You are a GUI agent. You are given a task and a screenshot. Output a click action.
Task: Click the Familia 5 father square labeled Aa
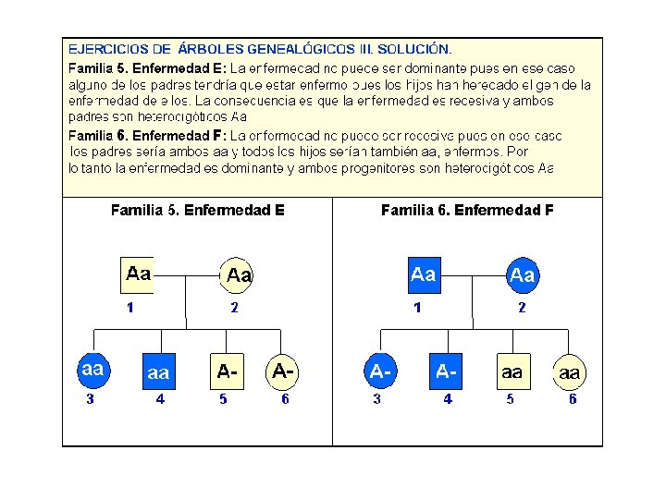pyautogui.click(x=138, y=274)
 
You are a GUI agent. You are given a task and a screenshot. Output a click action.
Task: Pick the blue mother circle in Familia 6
pyautogui.click(x=523, y=274)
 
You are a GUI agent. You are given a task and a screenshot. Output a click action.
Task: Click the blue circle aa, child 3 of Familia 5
pyautogui.click(x=92, y=370)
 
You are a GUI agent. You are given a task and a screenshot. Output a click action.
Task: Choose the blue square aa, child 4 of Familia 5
pyautogui.click(x=158, y=371)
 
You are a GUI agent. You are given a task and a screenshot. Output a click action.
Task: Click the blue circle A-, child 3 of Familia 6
pyautogui.click(x=380, y=371)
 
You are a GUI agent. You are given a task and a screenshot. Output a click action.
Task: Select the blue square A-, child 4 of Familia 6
pyautogui.click(x=447, y=371)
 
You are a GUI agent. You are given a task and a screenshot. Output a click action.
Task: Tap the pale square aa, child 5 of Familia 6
pyautogui.click(x=512, y=371)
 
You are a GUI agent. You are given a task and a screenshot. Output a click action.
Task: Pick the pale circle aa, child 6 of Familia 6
pyautogui.click(x=570, y=372)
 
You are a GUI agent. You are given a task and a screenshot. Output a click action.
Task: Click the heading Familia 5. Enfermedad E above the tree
pyautogui.click(x=197, y=211)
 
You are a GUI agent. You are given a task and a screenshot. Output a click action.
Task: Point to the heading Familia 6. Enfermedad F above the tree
pyautogui.click(x=467, y=211)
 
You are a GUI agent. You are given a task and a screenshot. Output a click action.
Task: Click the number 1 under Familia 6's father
pyautogui.click(x=418, y=308)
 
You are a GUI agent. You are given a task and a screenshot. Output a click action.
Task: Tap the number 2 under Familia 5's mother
pyautogui.click(x=235, y=308)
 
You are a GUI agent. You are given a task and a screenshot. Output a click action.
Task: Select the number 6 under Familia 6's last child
pyautogui.click(x=573, y=399)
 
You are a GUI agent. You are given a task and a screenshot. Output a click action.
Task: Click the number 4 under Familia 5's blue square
pyautogui.click(x=160, y=399)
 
